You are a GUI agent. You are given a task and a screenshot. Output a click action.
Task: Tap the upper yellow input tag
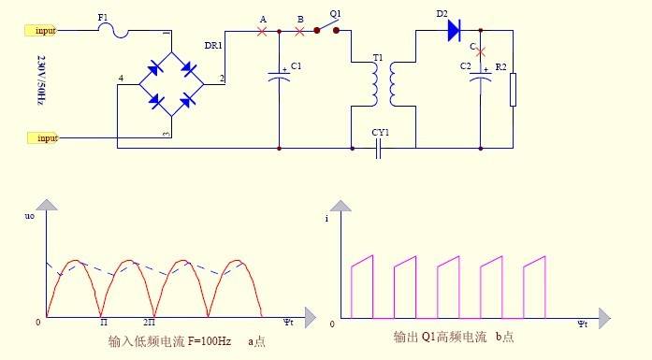pyautogui.click(x=40, y=30)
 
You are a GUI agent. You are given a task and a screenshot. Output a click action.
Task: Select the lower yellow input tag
pyautogui.click(x=43, y=137)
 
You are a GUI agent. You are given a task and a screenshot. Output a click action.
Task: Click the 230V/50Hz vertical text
pyautogui.click(x=41, y=79)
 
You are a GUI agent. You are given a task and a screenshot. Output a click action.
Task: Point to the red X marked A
pyautogui.click(x=262, y=31)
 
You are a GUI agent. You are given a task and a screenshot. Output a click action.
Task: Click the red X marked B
pyautogui.click(x=299, y=31)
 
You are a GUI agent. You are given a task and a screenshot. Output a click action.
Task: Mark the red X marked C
pyautogui.click(x=480, y=52)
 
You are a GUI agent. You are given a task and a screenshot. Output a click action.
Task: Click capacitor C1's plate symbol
pyautogui.click(x=279, y=76)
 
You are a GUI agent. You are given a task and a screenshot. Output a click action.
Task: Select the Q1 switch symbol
pyautogui.click(x=326, y=26)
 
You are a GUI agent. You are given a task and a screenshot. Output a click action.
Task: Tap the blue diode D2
pyautogui.click(x=454, y=31)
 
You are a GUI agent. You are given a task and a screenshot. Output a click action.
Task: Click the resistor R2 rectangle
pyautogui.click(x=514, y=90)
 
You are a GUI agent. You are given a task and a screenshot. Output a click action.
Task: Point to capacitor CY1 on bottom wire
pyautogui.click(x=378, y=149)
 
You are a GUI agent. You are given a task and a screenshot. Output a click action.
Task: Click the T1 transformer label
pyautogui.click(x=378, y=57)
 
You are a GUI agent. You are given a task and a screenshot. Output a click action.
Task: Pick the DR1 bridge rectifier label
pyautogui.click(x=213, y=45)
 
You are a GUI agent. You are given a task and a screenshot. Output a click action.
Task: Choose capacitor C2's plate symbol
pyautogui.click(x=480, y=78)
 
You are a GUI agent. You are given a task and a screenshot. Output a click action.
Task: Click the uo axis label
pyautogui.click(x=30, y=216)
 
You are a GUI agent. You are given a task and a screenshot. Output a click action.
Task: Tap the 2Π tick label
pyautogui.click(x=150, y=323)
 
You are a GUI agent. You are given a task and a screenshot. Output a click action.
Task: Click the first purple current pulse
pyautogui.click(x=362, y=287)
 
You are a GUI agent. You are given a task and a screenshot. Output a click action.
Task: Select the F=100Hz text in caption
pyautogui.click(x=210, y=341)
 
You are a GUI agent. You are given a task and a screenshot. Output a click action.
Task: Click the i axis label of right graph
pyautogui.click(x=326, y=218)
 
